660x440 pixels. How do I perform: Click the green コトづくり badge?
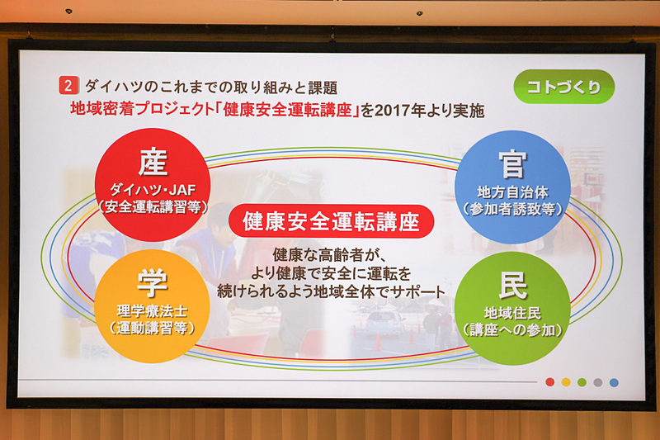click(x=563, y=87)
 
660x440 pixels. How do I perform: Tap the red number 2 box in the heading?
click(x=68, y=86)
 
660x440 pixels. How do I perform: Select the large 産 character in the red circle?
click(x=153, y=162)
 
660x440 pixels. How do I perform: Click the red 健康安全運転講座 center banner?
click(x=330, y=221)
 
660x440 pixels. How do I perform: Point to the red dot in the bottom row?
click(x=550, y=382)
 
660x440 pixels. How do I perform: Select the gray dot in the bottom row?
click(x=597, y=382)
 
